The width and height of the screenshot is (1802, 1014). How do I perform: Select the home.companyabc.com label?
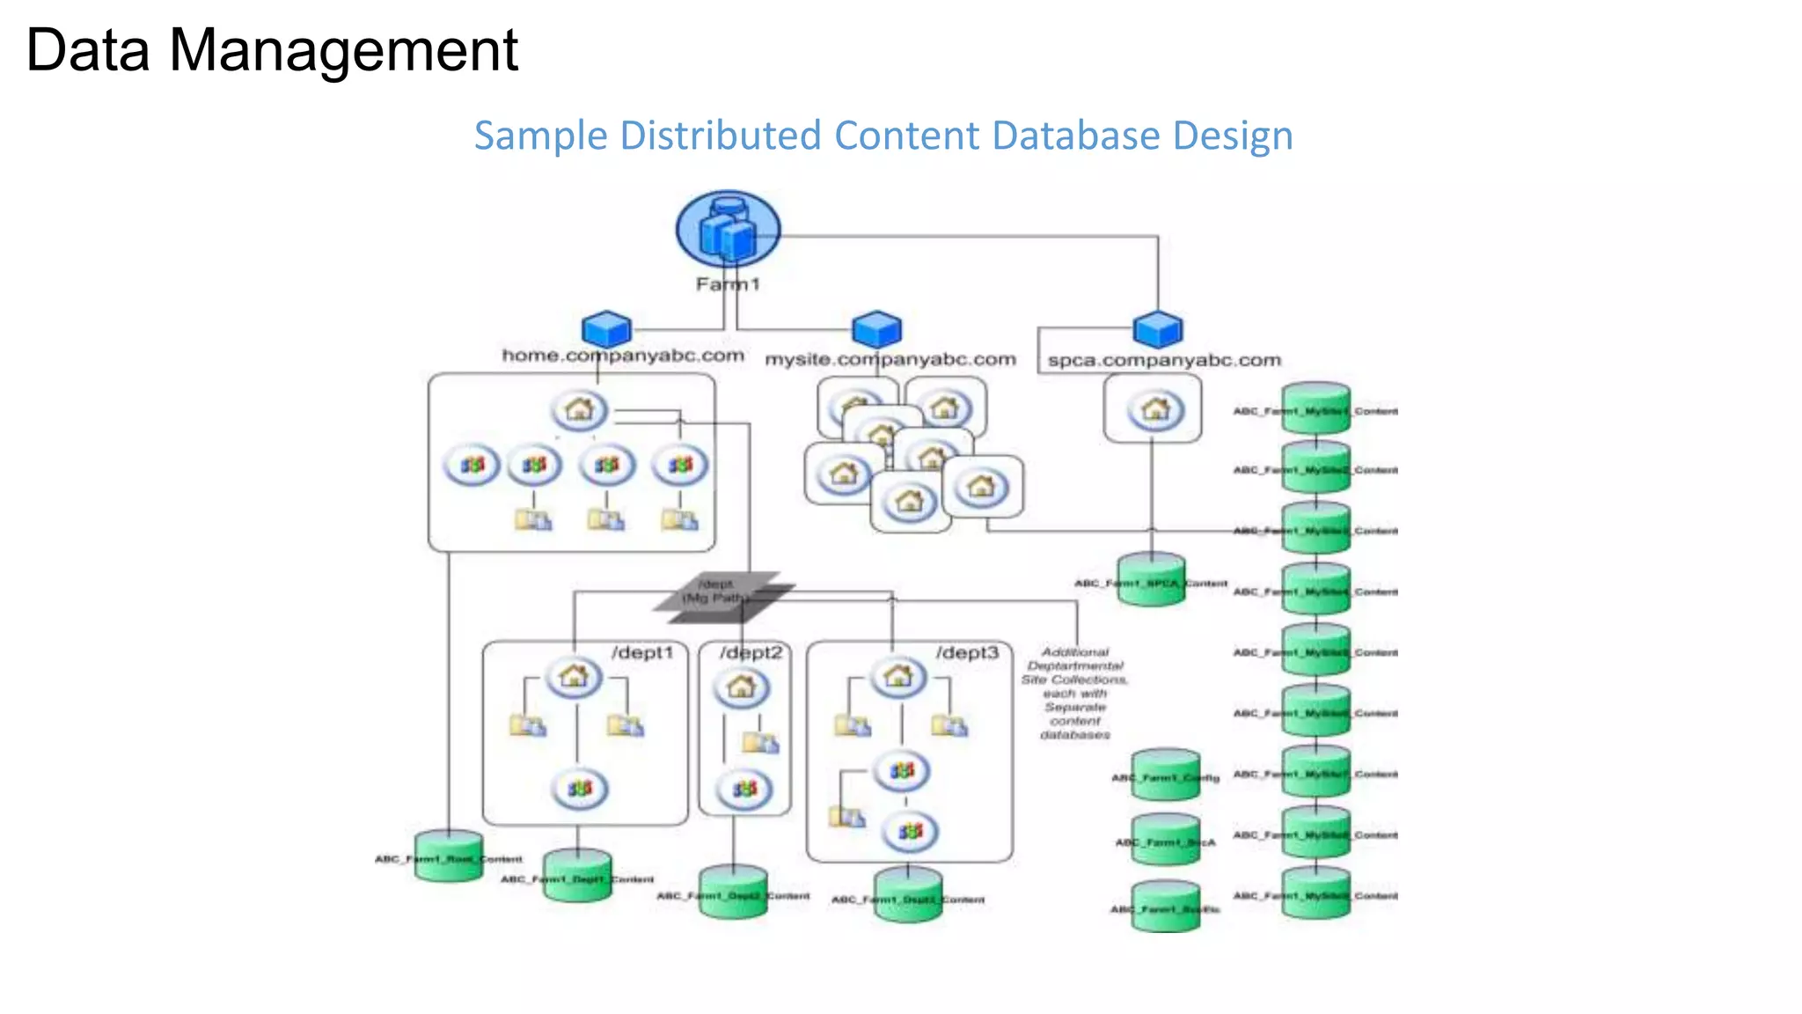point(623,356)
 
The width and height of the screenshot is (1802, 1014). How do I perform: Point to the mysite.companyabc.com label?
point(890,360)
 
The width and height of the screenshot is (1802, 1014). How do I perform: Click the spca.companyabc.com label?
point(1163,361)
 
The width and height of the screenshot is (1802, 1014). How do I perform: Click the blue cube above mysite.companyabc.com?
point(876,329)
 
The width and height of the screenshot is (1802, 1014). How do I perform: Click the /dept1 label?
point(642,653)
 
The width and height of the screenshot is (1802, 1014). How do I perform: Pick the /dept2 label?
point(751,653)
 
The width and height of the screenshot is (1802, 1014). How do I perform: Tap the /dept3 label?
point(967,653)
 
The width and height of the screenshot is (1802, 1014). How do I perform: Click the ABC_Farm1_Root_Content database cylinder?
point(449,856)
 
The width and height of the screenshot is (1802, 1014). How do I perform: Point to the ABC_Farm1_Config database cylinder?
point(1165,775)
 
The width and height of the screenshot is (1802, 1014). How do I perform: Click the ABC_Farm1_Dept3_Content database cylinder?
point(908,895)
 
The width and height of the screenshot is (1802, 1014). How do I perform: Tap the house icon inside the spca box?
point(1154,410)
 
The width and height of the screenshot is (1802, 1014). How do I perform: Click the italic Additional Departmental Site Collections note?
point(1074,694)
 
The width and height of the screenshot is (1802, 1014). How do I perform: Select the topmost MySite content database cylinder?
point(1315,408)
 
